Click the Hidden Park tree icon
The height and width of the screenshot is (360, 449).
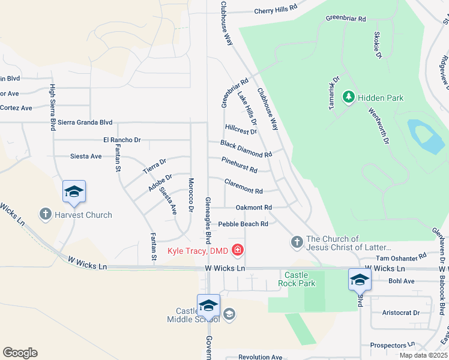[x=348, y=97]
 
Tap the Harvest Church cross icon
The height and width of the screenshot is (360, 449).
[x=45, y=214]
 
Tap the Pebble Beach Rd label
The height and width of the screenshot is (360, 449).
[x=243, y=224]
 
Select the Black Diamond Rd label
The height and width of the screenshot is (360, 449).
[x=246, y=149]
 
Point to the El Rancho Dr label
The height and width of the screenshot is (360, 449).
[x=121, y=140]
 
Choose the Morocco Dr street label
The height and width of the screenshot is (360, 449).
[x=191, y=195]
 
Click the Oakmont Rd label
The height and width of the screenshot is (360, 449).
[x=249, y=208]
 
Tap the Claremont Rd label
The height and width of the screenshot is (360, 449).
[x=243, y=187]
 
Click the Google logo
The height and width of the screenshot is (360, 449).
[x=20, y=353]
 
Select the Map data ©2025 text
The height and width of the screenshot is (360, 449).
[x=423, y=355]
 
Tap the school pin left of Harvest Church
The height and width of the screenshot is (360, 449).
[x=74, y=191]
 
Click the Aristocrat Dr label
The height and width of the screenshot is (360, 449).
[x=401, y=313]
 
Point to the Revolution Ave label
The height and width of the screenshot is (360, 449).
[x=260, y=357]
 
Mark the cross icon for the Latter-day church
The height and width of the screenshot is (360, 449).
[x=297, y=242]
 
